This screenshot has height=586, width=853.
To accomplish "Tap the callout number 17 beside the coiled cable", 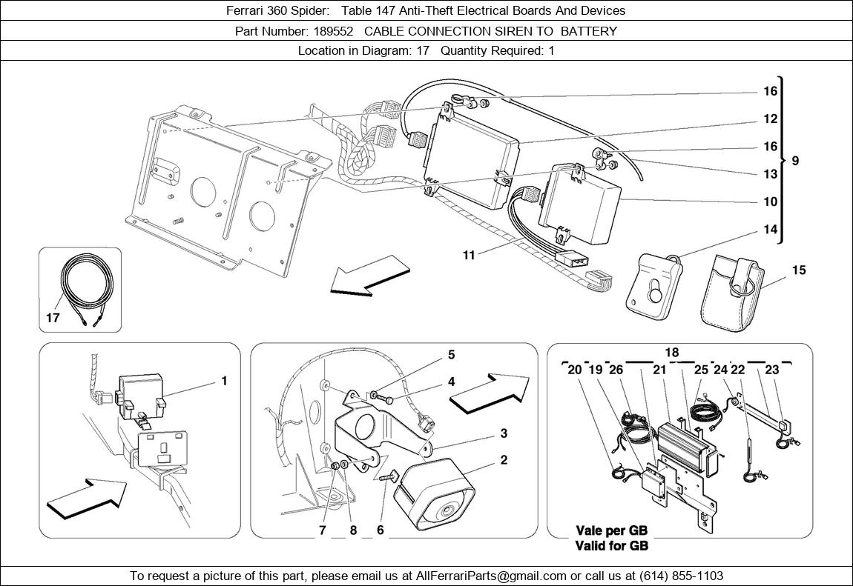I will point(52,319).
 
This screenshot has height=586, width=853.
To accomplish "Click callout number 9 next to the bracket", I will point(795,160).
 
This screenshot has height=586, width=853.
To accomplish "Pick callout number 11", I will point(468,256).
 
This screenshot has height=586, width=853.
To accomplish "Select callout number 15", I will point(798,270).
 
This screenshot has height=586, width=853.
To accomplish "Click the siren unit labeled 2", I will point(438,493).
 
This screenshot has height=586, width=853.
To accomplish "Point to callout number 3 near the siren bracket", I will point(503,433).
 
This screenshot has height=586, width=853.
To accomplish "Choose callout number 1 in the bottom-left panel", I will point(223,382).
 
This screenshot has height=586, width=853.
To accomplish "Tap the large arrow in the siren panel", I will point(490,390).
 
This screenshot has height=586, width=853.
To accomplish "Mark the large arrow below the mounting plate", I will point(369,276).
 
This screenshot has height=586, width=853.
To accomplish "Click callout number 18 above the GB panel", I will point(671,353).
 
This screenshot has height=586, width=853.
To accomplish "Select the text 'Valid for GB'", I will point(612,546).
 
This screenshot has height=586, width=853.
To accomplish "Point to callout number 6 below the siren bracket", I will point(380,530).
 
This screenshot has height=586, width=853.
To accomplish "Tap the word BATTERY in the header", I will point(589,31).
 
